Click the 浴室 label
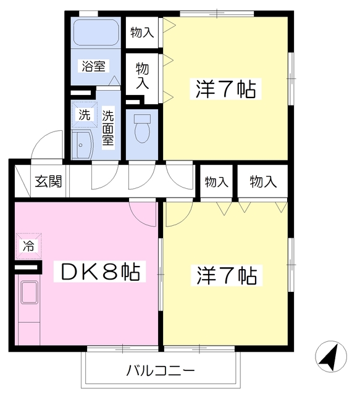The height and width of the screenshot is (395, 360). click(94, 65)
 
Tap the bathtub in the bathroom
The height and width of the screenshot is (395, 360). click(96, 33)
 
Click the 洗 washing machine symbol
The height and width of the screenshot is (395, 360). click(83, 114)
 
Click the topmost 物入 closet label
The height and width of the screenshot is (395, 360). click(142, 32)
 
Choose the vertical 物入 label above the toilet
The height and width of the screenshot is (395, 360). click(143, 75)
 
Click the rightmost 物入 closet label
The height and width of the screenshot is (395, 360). click(263, 181)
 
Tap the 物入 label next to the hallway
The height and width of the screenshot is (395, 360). click(217, 181)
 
